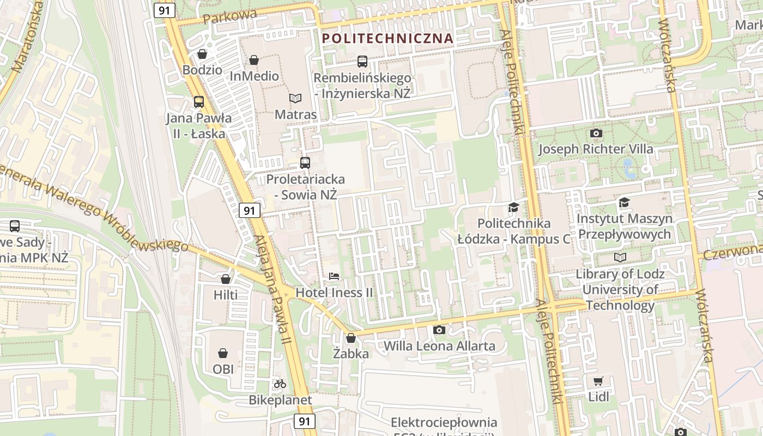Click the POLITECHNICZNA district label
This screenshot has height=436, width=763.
[387, 38]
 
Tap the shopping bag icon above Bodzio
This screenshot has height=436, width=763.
[202, 54]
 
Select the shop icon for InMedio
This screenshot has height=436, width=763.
[253, 60]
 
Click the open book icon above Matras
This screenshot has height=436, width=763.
[295, 98]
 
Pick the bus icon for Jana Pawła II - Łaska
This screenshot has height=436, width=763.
[199, 102]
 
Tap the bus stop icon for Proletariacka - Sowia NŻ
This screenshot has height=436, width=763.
[305, 162]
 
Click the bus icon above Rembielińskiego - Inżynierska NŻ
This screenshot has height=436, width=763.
[362, 62]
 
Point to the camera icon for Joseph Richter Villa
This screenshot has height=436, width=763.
[596, 133]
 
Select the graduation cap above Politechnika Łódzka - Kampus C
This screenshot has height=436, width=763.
[513, 207]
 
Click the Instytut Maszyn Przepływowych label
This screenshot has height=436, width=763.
[624, 226]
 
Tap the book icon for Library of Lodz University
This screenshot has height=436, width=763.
[620, 257]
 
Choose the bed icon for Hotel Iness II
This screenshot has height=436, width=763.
[334, 276]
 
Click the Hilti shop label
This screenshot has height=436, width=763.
[226, 295]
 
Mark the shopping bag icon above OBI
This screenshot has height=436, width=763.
[222, 353]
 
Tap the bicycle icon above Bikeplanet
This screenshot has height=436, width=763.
[280, 384]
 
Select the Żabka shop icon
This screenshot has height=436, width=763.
[351, 338]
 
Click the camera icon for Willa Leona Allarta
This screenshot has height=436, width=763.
[439, 330]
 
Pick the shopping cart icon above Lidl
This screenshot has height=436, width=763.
[598, 381]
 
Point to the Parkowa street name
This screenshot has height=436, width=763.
[229, 16]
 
